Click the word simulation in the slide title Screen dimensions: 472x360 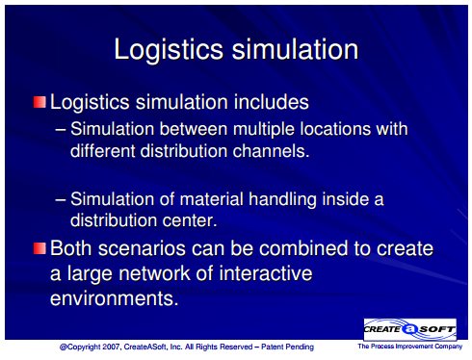[295, 49]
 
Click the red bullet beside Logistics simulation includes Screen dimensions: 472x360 [39, 102]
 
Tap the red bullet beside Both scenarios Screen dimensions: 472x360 [39, 248]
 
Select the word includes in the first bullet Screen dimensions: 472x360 [271, 102]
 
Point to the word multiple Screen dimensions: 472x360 [264, 130]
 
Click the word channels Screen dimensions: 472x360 [271, 150]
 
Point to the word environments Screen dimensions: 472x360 [114, 298]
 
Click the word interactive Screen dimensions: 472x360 [266, 273]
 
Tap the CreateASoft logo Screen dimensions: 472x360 [410, 329]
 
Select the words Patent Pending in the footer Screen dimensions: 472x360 [287, 347]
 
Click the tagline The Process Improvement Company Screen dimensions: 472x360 [410, 347]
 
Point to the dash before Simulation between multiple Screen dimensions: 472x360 [61, 130]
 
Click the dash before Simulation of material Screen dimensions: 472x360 [61, 199]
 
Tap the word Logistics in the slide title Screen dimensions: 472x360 [169, 49]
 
